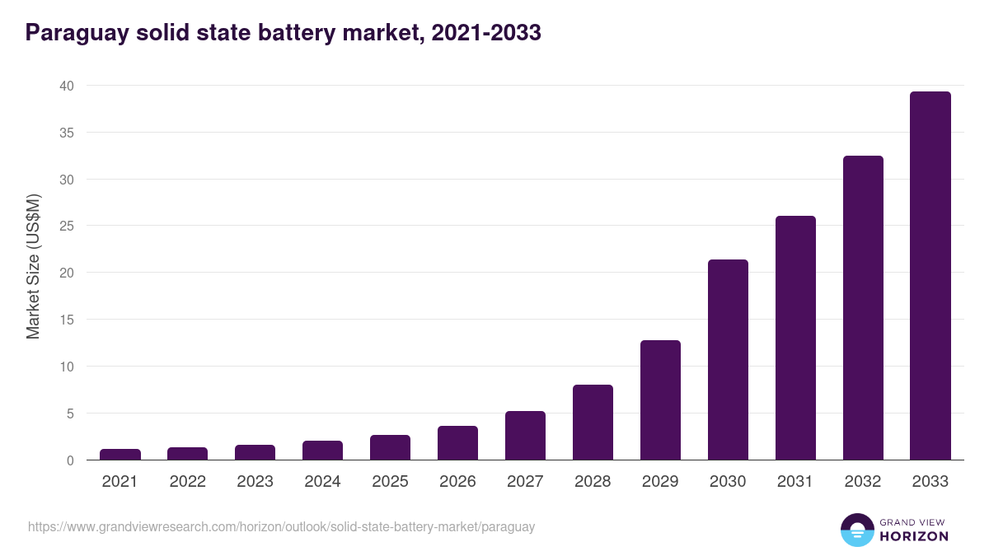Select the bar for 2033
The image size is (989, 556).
[930, 276]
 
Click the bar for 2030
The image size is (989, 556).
[728, 360]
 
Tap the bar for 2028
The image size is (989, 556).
[593, 423]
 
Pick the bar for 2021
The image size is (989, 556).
[120, 455]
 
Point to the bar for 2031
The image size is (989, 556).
[795, 338]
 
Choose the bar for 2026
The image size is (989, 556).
[457, 443]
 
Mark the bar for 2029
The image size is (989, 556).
[660, 400]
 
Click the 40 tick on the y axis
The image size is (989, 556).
[67, 86]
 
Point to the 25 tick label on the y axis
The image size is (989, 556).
[67, 226]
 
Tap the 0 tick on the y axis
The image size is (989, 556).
[70, 460]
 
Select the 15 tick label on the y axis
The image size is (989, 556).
[67, 320]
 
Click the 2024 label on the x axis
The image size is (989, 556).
[322, 482]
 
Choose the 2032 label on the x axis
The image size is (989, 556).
[863, 482]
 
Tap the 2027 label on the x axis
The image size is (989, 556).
[525, 482]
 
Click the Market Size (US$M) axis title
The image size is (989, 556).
[33, 266]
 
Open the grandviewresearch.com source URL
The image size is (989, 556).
[281, 526]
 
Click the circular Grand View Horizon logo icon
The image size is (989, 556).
[856, 530]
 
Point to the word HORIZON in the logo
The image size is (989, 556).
[914, 536]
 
